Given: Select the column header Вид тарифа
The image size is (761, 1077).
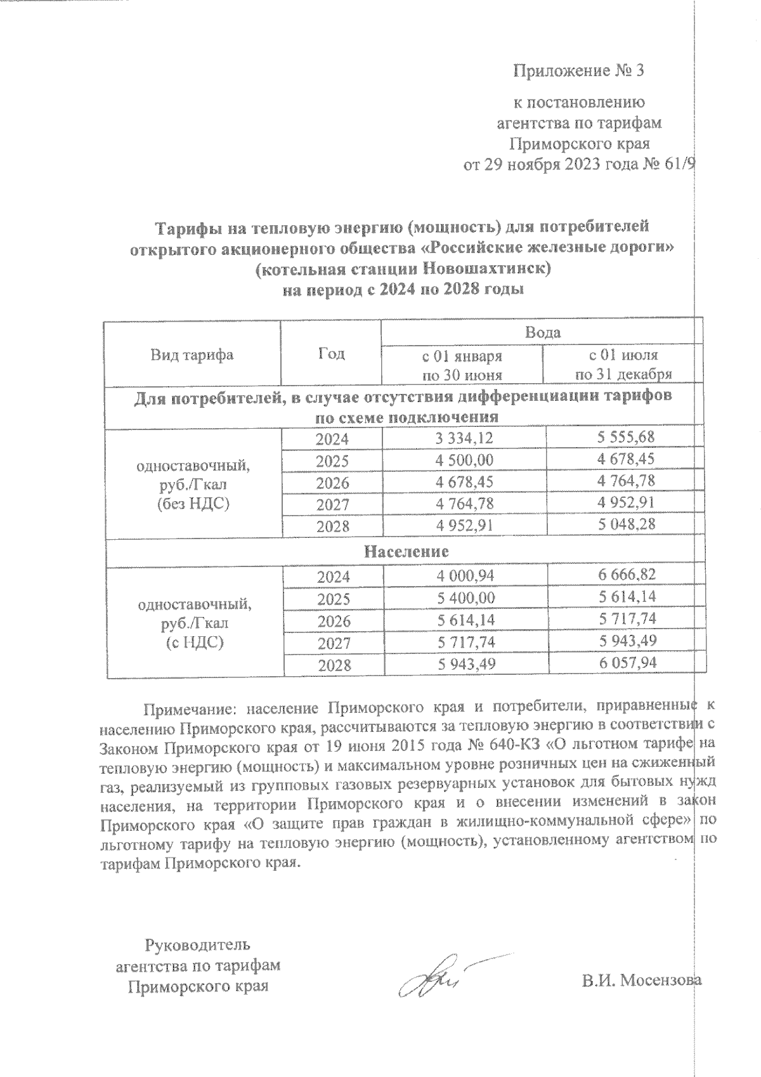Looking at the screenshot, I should click(x=192, y=355).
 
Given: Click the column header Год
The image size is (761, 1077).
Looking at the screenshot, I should click(x=331, y=353).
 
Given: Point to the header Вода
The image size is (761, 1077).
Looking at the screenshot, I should click(x=542, y=332).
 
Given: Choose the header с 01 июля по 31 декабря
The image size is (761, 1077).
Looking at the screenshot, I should click(x=623, y=364).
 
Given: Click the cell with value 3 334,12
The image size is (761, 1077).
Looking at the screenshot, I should click(x=464, y=438).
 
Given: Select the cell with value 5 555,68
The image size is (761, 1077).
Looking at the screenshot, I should click(x=625, y=438).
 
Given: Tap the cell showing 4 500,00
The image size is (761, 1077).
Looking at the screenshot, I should click(x=464, y=460).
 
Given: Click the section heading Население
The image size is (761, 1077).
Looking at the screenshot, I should click(x=406, y=551).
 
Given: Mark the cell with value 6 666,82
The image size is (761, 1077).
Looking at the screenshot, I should click(x=625, y=575).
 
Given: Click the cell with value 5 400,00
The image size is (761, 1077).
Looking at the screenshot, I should click(x=464, y=598).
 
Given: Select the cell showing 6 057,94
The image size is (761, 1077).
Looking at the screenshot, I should click(x=625, y=663).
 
